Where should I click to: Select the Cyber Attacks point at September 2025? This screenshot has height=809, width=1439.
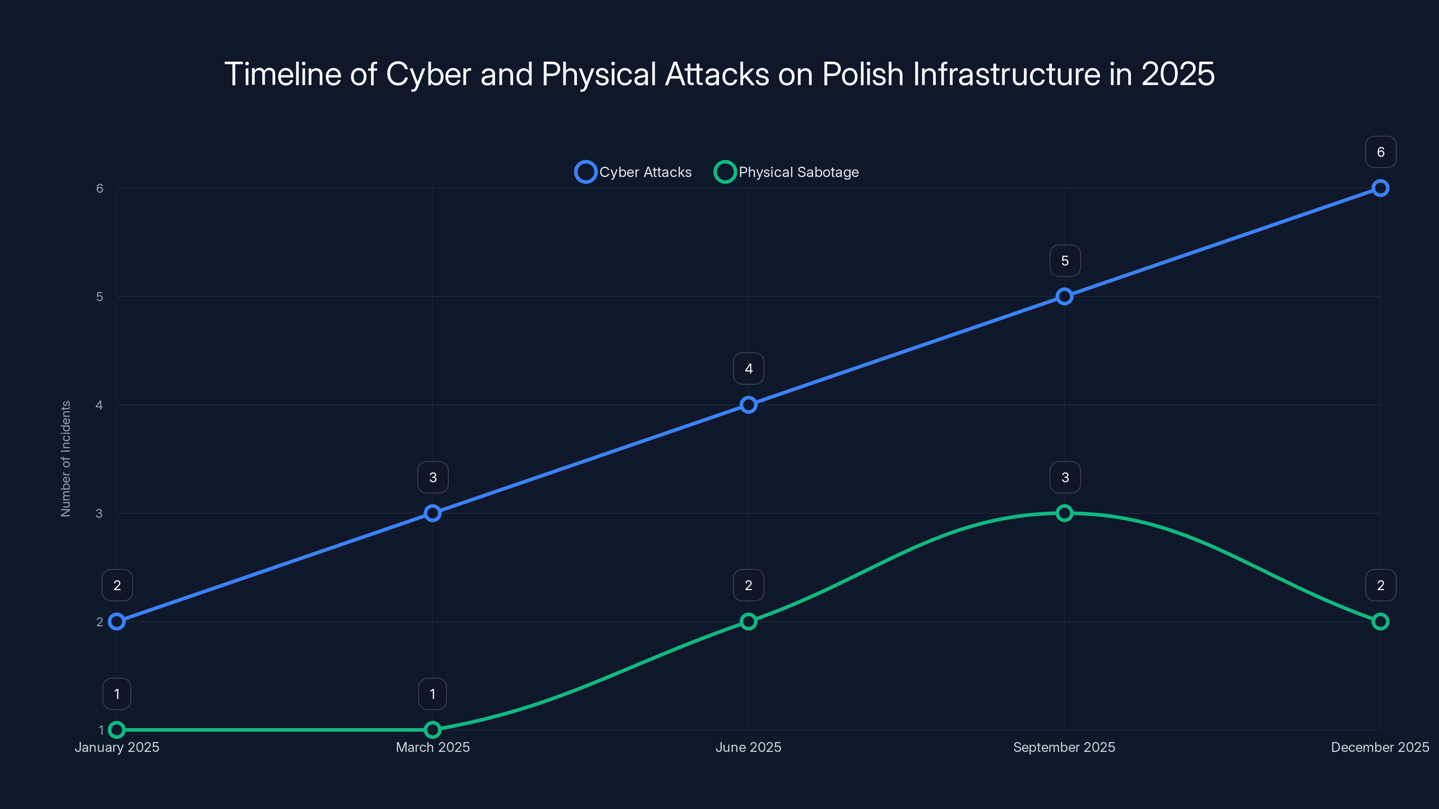(1064, 297)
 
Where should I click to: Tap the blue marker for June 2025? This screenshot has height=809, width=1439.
(749, 405)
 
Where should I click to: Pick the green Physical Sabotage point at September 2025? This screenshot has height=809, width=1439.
(1064, 513)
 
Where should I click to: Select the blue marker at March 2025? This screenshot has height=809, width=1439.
(432, 513)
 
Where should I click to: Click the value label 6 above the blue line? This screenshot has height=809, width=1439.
(1381, 152)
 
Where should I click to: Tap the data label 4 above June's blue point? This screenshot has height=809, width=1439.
(749, 369)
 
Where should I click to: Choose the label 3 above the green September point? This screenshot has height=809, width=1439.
(1065, 477)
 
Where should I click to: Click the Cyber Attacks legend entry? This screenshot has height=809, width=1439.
(634, 172)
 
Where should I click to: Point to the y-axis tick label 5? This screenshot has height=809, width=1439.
(99, 297)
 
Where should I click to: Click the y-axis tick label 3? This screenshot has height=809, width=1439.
(99, 513)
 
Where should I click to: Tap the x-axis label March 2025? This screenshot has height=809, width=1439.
(432, 747)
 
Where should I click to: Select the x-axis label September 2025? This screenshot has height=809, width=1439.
(1064, 747)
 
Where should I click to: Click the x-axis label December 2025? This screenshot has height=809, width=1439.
(1379, 747)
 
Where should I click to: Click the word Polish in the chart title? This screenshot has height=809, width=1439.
(863, 74)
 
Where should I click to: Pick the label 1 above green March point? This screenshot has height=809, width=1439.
(432, 694)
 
